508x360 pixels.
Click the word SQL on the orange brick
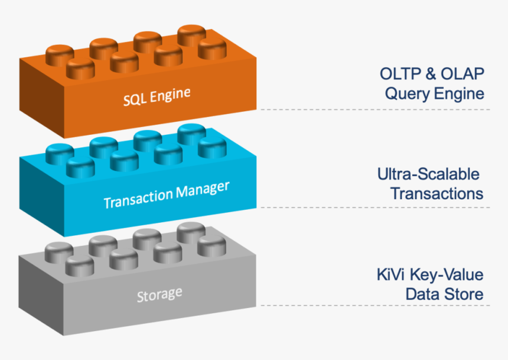[134, 98]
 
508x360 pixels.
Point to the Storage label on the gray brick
[159, 294]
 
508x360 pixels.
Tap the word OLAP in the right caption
[462, 74]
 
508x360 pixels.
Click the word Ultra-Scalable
[428, 174]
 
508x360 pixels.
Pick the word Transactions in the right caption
[437, 194]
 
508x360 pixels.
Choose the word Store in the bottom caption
[466, 294]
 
